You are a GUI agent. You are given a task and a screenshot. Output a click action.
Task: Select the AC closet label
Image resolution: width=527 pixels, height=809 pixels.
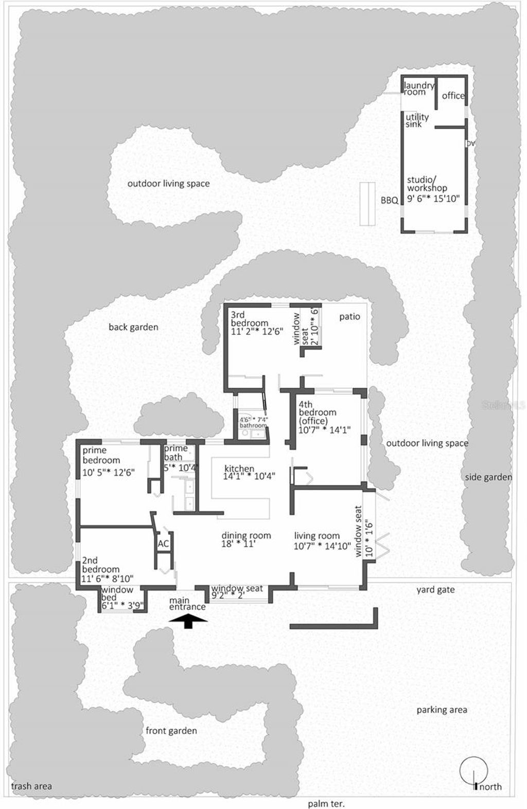tap(164, 544)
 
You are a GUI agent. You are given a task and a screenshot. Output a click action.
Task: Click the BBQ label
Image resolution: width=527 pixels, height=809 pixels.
tap(390, 201)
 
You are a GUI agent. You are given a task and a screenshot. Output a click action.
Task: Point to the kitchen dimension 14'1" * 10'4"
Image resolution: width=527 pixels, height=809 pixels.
tap(249, 476)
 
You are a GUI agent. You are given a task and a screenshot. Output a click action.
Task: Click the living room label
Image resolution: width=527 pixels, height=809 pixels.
tap(317, 535)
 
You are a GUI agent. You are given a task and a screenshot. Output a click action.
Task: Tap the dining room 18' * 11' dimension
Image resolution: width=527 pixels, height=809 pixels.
tap(246, 544)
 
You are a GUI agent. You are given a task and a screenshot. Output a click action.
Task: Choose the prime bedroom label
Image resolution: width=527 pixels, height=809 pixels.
tap(101, 455)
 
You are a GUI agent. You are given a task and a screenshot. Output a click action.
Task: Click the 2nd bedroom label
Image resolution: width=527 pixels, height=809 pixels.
tap(101, 565)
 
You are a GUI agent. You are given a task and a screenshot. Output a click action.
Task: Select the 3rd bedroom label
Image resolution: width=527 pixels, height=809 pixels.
tap(249, 319)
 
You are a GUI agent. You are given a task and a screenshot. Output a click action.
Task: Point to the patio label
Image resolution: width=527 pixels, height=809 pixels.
tap(349, 317)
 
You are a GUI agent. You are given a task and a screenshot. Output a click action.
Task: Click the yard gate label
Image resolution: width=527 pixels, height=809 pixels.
tap(435, 589)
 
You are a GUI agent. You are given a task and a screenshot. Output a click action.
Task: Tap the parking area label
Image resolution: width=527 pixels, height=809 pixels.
tap(442, 710)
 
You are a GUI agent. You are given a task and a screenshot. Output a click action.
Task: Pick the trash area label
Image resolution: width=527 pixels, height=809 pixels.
tap(31, 786)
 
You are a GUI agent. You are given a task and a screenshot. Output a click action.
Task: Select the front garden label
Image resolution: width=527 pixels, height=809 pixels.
tap(171, 730)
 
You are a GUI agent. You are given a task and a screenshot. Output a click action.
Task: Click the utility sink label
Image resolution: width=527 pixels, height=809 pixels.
tap(417, 120)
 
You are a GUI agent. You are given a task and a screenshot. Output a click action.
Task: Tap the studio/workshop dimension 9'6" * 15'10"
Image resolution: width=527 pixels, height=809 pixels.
tap(433, 199)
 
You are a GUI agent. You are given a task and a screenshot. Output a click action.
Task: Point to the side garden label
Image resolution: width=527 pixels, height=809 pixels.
tap(488, 477)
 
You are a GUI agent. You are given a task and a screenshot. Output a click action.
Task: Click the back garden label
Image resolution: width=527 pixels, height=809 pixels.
tap(133, 327)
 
